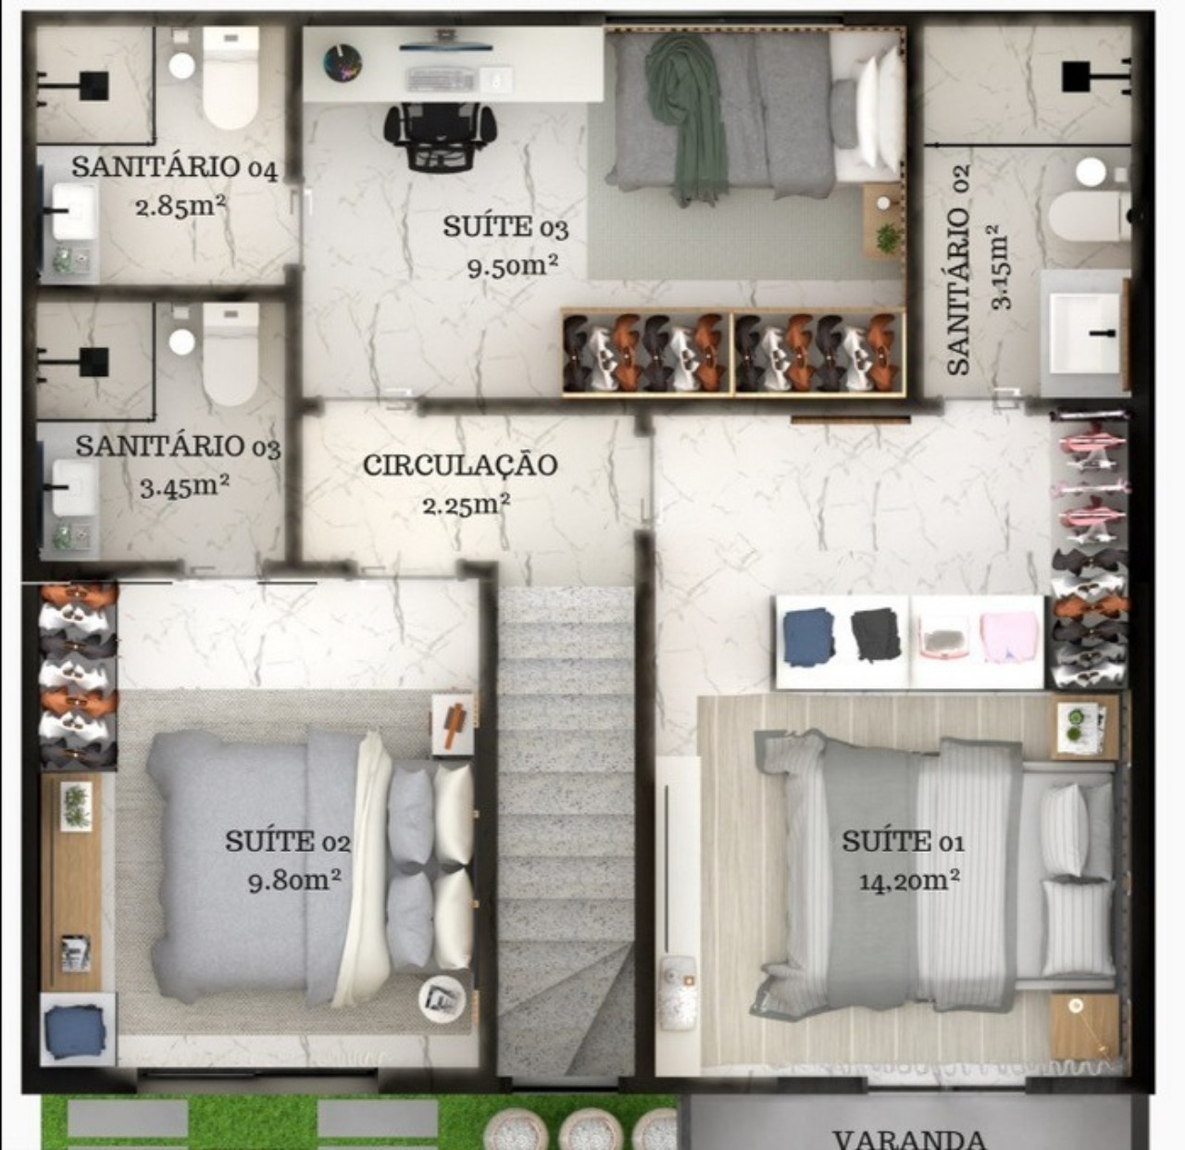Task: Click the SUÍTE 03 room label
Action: [505, 227]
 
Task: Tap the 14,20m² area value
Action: [908, 880]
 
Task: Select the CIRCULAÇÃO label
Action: [460, 464]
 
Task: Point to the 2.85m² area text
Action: [181, 206]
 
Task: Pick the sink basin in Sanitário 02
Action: [1085, 322]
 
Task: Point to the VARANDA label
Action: [908, 1137]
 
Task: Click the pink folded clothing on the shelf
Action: [1009, 637]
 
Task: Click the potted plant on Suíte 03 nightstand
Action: [886, 235]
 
